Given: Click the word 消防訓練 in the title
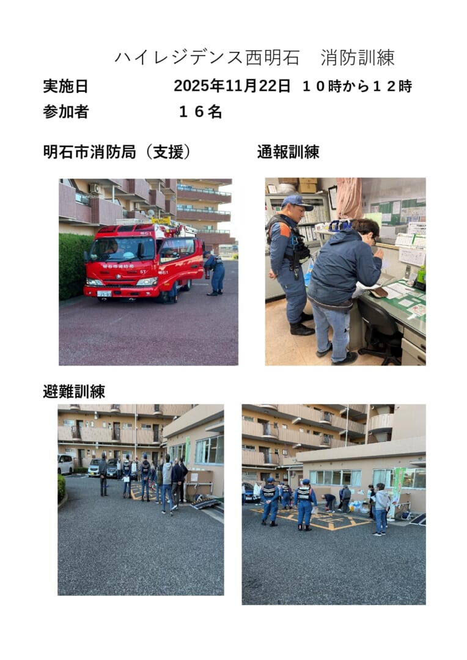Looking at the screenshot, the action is (357, 57).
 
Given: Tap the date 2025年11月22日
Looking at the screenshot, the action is (232, 86).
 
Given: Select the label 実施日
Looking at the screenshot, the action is (65, 86).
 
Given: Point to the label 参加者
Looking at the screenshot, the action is (65, 112).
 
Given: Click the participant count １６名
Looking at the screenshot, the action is (200, 112).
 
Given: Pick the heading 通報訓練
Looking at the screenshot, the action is (288, 152).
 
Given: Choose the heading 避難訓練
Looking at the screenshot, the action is (74, 392).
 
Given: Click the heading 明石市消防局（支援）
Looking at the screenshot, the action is (117, 152).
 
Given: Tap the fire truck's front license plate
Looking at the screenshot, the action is (104, 294).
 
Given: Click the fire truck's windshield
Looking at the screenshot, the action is (122, 249).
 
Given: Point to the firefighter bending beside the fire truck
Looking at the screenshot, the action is (215, 273).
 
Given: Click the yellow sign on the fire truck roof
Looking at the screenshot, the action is (161, 221).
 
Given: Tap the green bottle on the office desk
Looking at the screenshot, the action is (421, 276).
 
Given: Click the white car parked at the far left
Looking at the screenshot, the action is (65, 464).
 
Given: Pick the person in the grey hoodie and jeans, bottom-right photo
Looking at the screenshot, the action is (381, 509).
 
